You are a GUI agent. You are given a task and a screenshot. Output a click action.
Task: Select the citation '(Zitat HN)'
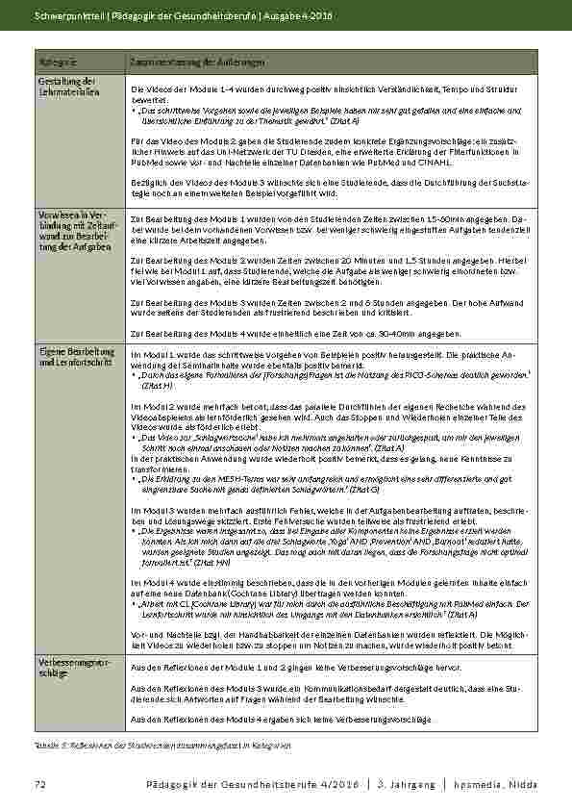tap(211, 563)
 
